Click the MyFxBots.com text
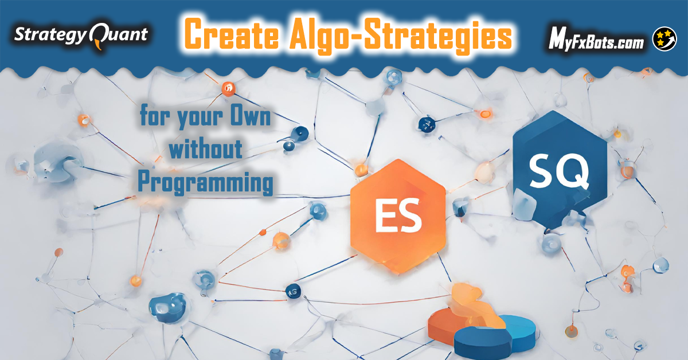pos(596,42)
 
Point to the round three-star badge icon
pos(664,39)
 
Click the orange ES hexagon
pos(398,216)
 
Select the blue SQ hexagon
pos(560,169)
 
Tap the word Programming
pos(205,183)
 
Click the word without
pos(205,150)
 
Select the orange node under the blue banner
pos(229,89)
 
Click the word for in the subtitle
pos(155,115)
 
